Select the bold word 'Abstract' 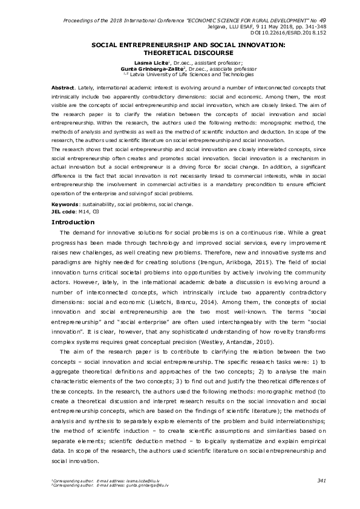click(x=64, y=88)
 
